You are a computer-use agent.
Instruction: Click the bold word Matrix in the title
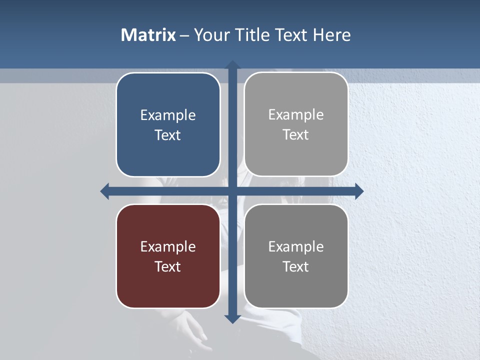(148, 34)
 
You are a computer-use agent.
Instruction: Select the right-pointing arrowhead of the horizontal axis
(358, 191)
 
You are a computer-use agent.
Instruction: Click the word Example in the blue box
(168, 115)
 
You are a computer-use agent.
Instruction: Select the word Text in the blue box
(168, 135)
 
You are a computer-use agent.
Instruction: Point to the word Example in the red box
(168, 247)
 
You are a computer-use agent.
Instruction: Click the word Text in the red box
(168, 266)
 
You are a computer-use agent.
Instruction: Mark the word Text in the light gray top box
(296, 134)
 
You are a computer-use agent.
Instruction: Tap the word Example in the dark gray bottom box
(296, 247)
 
